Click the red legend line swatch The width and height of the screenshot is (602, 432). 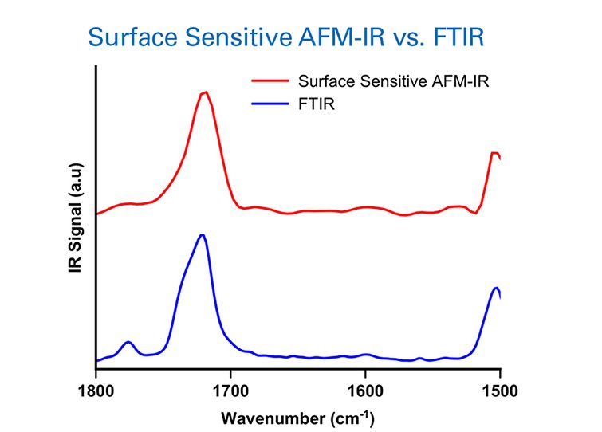pos(269,81)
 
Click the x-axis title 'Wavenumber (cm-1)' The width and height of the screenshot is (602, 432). pos(297,417)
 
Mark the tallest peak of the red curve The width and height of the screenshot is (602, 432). pos(206,92)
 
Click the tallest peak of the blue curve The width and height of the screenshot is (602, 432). pos(203,235)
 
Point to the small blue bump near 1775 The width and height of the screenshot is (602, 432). pos(128,342)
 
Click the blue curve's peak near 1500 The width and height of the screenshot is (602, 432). pos(496,288)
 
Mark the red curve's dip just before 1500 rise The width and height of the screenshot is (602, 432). pos(475,213)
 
